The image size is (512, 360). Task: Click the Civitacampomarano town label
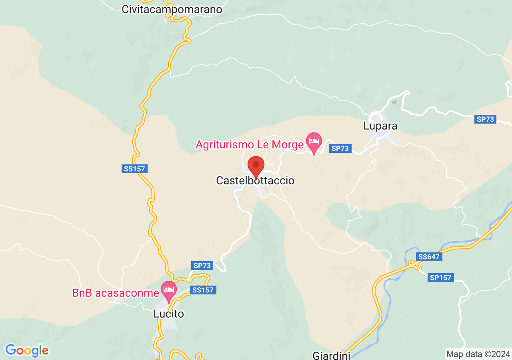pyautogui.click(x=172, y=10)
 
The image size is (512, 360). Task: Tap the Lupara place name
pyautogui.click(x=380, y=126)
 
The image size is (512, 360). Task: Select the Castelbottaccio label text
pyautogui.click(x=255, y=181)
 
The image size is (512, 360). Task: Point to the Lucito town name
pyautogui.click(x=168, y=314)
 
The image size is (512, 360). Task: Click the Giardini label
pyautogui.click(x=331, y=355)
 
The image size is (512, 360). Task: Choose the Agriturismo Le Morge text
pyautogui.click(x=249, y=145)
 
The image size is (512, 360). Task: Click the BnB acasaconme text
pyautogui.click(x=116, y=293)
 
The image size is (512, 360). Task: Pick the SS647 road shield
pyautogui.click(x=429, y=257)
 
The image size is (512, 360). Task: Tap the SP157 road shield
pyautogui.click(x=440, y=278)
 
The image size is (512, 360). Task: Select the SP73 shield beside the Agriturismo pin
pyautogui.click(x=340, y=148)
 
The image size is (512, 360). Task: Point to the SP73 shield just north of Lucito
pyautogui.click(x=202, y=265)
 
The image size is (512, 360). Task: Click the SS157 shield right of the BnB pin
pyautogui.click(x=203, y=290)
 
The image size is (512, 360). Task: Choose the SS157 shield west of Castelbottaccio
pyautogui.click(x=134, y=169)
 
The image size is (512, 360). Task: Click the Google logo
pyautogui.click(x=27, y=351)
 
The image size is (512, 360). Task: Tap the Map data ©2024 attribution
pyautogui.click(x=478, y=354)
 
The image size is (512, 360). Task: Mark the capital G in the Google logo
pyautogui.click(x=10, y=350)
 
